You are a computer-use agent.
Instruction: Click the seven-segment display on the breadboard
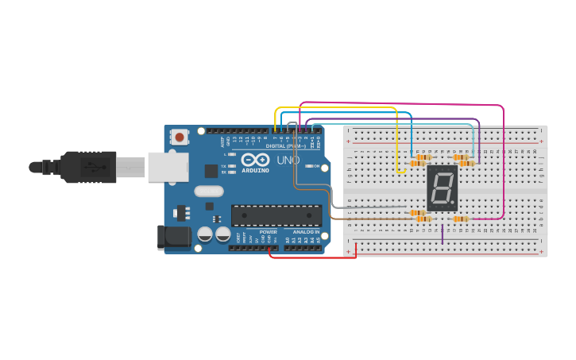[x=442, y=188]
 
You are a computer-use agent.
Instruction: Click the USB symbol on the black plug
[x=93, y=167]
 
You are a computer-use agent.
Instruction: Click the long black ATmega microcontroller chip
[x=276, y=215]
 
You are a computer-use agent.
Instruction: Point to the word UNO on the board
[x=288, y=160]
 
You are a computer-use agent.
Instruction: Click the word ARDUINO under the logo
[x=255, y=171]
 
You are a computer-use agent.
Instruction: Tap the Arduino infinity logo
[x=255, y=160]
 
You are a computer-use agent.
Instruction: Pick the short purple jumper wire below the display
[x=443, y=234]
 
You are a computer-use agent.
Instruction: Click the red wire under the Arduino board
[x=310, y=257]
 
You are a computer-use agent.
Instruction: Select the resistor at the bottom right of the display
[x=461, y=219]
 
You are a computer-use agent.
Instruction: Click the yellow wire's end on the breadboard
[x=398, y=170]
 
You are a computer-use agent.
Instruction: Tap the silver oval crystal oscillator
[x=209, y=191]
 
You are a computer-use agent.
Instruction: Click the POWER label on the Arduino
[x=268, y=232]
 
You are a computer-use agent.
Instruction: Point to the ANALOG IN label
[x=306, y=232]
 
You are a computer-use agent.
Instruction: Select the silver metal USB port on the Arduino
[x=168, y=167]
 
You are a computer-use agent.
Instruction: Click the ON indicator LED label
[x=315, y=166]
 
